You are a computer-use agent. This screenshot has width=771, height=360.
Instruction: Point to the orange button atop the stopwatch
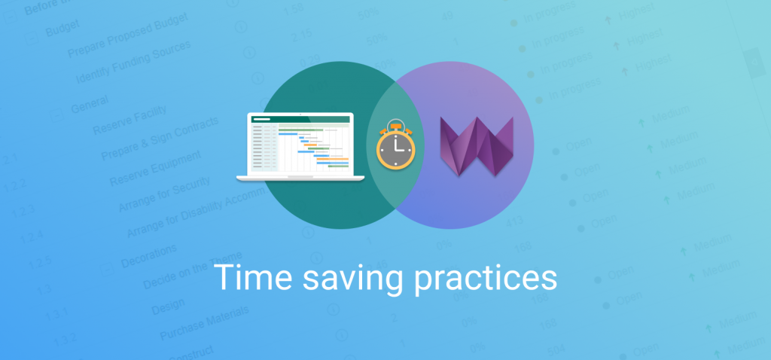pyautogui.click(x=396, y=121)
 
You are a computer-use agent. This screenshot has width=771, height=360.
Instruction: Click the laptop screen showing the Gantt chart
pyautogui.click(x=300, y=144)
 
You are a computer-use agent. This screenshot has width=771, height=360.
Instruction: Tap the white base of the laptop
pyautogui.click(x=300, y=178)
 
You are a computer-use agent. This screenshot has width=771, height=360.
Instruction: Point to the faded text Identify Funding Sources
pyautogui.click(x=133, y=63)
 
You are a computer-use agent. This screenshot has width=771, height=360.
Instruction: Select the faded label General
pyautogui.click(x=90, y=105)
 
